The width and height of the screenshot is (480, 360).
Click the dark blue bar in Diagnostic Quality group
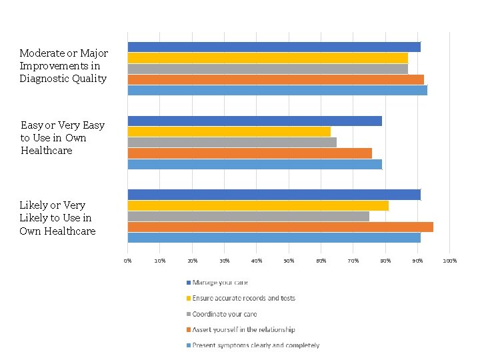coord(274,47)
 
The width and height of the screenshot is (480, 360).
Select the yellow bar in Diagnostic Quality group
coord(267,58)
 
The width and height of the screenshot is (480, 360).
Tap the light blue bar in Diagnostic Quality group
coord(277,91)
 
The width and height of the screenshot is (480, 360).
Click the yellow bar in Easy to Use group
coord(229,131)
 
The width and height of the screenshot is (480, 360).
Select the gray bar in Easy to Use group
coord(232,142)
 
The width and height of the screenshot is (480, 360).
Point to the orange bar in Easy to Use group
coord(249,153)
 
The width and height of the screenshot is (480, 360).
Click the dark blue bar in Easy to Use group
coord(255,121)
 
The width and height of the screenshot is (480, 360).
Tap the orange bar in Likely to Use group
coord(280,227)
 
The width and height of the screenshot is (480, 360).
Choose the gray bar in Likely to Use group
coord(248,216)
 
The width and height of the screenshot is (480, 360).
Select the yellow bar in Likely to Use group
coord(258,205)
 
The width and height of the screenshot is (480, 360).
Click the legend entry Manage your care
coord(220,283)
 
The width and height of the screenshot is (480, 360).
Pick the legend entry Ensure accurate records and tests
coord(243,298)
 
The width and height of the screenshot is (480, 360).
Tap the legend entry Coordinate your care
coord(224,314)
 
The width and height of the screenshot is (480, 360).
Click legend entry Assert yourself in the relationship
coord(243,329)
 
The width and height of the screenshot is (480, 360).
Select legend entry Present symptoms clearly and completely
coord(255,345)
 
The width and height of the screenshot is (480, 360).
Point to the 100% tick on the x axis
coord(450,260)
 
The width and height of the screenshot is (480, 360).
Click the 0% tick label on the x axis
coord(128,260)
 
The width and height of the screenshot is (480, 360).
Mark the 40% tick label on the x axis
coord(257,260)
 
